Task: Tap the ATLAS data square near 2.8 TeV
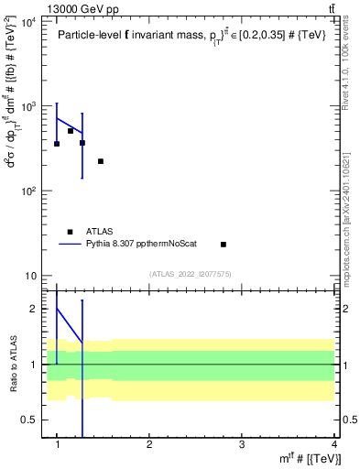tap(224, 245)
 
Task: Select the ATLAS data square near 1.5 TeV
tap(101, 161)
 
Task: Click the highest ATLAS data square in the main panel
tap(71, 131)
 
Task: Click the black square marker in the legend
tap(71, 232)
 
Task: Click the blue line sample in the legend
tap(71, 245)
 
